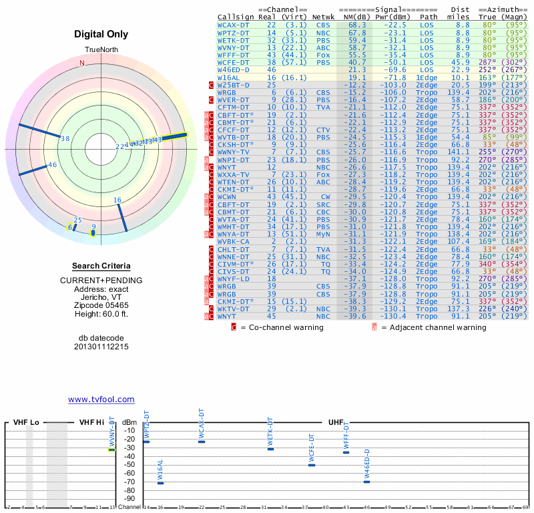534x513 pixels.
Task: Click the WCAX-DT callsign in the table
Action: point(234,25)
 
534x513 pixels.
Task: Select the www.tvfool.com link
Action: point(101,399)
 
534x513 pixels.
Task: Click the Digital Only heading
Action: point(101,34)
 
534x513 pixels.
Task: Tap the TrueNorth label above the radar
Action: point(101,51)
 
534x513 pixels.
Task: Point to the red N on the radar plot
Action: point(82,63)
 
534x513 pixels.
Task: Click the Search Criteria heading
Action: point(101,266)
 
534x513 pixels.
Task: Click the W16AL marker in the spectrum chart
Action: point(160,482)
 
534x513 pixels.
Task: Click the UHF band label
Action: point(336,423)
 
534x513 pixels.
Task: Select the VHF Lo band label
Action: point(26,423)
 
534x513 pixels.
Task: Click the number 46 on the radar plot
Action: point(53,165)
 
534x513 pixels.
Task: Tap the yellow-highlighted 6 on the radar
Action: point(70,227)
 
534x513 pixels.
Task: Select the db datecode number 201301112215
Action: point(101,347)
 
